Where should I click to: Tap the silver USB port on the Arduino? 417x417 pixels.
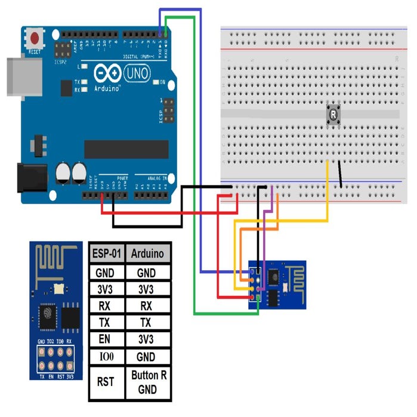click(x=21, y=76)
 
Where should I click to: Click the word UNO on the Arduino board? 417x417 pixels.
click(x=138, y=73)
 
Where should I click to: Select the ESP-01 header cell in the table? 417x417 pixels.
click(x=107, y=254)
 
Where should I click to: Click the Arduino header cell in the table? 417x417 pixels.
click(x=147, y=254)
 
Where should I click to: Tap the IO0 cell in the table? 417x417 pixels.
click(x=107, y=357)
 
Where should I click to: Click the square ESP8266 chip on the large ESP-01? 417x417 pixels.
click(x=48, y=315)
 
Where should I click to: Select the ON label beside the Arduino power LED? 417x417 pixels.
click(x=162, y=82)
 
